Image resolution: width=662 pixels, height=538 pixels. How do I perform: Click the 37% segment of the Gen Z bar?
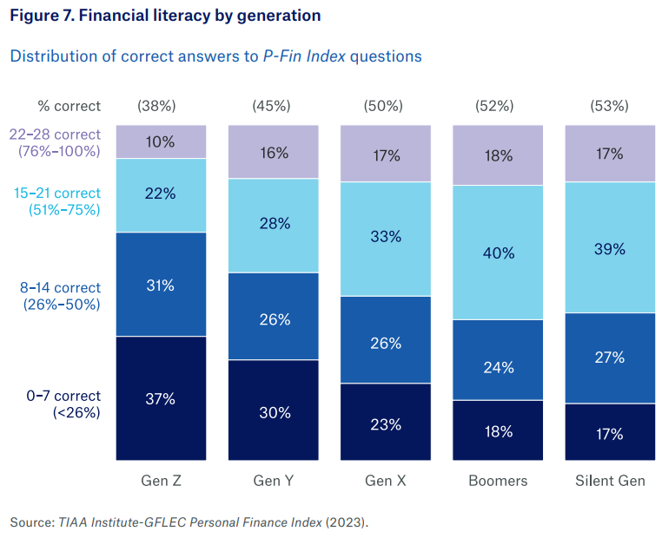[161, 398]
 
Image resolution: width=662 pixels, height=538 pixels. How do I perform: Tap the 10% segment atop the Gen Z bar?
[161, 141]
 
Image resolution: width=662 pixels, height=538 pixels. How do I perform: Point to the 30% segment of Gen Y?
[273, 411]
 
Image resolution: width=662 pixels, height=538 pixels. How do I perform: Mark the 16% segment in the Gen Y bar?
[273, 153]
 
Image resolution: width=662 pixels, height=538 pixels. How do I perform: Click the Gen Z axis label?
[161, 480]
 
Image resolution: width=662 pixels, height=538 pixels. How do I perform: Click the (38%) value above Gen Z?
[156, 106]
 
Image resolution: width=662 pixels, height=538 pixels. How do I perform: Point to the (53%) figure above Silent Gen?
[608, 106]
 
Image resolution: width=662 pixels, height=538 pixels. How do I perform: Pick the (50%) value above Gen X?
[383, 106]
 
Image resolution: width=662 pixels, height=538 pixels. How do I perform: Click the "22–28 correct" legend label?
[56, 134]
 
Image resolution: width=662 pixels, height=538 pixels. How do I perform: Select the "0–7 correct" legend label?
[63, 397]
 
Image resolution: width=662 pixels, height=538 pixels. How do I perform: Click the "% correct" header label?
[69, 106]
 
